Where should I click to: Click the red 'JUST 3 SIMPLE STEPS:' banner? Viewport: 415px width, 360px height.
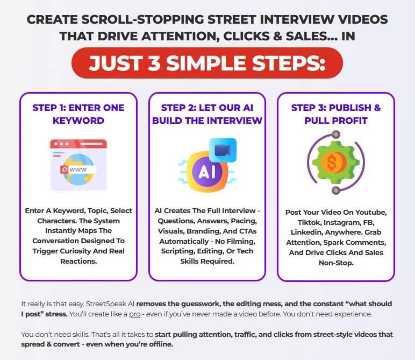207,63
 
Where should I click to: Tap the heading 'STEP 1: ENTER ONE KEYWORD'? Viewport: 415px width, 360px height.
78,114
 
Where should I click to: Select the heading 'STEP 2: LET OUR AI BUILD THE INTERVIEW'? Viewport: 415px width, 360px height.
207,114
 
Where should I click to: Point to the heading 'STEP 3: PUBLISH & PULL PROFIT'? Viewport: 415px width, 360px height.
336,114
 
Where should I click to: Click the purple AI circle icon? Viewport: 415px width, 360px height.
203,171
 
